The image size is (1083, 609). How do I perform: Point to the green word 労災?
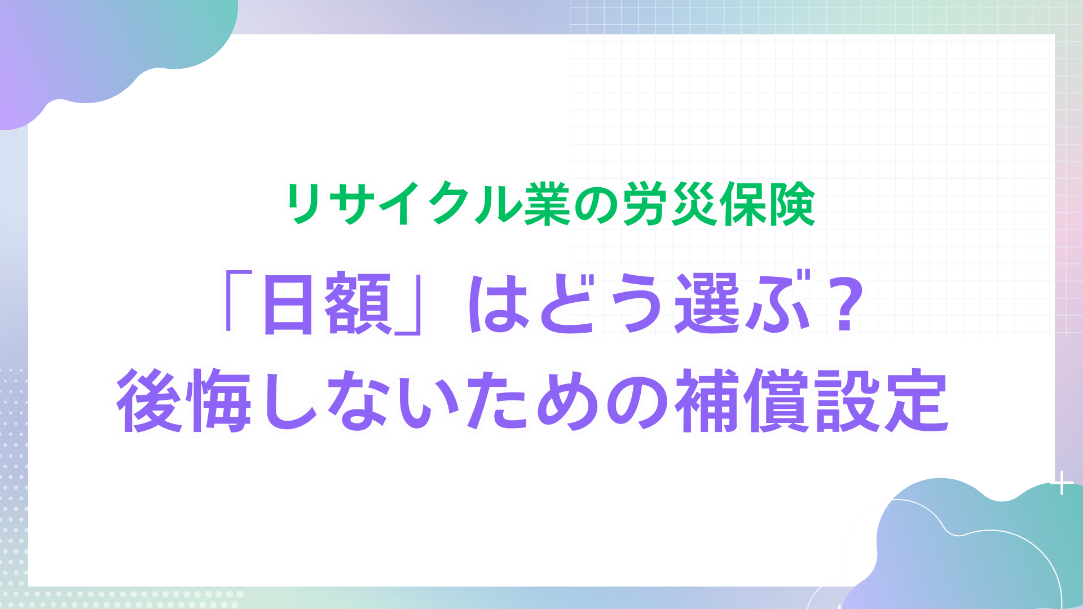pyautogui.click(x=669, y=204)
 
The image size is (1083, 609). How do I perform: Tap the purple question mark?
pyautogui.click(x=844, y=302)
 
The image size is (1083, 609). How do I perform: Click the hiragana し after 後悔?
pyautogui.click(x=289, y=401)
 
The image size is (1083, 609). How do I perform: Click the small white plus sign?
pyautogui.click(x=1062, y=483)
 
